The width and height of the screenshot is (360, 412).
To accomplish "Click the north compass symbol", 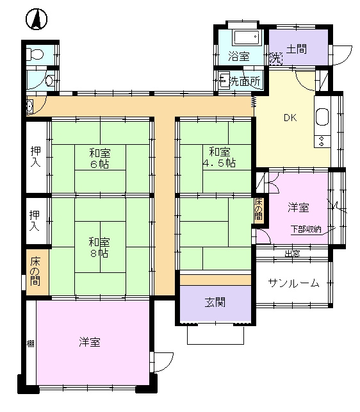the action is [37, 19].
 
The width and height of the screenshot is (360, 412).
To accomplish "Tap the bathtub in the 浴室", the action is [247, 38].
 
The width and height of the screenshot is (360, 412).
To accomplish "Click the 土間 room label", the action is [296, 49].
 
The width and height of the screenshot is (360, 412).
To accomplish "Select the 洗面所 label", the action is [245, 81].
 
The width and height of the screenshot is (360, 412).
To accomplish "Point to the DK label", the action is [290, 118].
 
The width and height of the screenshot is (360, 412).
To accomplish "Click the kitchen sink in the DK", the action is [322, 117].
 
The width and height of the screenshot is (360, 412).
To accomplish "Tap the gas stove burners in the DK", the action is [322, 141].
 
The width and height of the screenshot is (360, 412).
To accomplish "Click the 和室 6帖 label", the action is [99, 158].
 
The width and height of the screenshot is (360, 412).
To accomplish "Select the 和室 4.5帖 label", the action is [219, 157].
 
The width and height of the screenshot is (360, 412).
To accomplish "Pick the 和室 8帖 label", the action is [99, 247].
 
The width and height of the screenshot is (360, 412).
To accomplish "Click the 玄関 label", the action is [215, 302].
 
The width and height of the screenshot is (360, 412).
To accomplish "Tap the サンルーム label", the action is [293, 283].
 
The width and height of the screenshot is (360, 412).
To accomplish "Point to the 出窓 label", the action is [293, 253].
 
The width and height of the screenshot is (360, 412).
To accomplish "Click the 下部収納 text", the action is [306, 229].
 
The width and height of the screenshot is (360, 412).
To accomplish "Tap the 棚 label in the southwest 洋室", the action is [31, 343].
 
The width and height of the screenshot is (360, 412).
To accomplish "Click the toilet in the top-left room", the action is [35, 54].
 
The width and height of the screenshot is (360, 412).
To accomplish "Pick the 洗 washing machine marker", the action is [275, 58].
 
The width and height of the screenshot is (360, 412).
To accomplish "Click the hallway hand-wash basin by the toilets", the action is [29, 106].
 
